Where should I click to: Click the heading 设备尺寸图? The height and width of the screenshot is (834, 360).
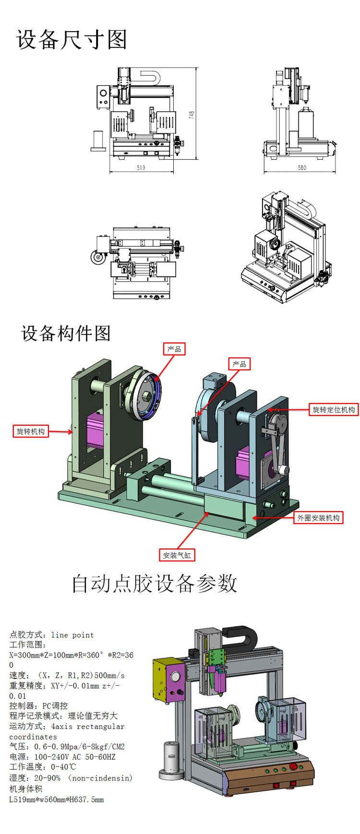pyautogui.click(x=72, y=39)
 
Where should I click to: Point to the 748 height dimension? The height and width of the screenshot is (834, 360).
pyautogui.click(x=192, y=115)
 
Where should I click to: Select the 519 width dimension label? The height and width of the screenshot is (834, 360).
pyautogui.click(x=141, y=167)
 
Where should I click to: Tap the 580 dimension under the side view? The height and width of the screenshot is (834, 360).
pyautogui.click(x=301, y=167)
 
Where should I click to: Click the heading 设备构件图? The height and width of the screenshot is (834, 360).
pyautogui.click(x=66, y=333)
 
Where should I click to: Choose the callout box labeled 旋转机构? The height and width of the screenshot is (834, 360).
pyautogui.click(x=31, y=431)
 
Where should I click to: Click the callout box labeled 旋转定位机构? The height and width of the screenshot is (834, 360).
pyautogui.click(x=334, y=409)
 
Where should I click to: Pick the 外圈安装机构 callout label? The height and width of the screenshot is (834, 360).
pyautogui.click(x=318, y=518)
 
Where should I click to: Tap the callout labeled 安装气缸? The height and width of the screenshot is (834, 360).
pyautogui.click(x=177, y=555)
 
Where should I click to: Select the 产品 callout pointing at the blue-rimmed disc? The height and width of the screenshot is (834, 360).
pyautogui.click(x=174, y=349)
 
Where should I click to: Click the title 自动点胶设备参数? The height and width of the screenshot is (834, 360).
pyautogui.click(x=155, y=584)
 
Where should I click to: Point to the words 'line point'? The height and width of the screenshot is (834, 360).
pyautogui.click(x=72, y=635)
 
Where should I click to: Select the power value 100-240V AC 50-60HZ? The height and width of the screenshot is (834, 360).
pyautogui.click(x=75, y=757)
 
